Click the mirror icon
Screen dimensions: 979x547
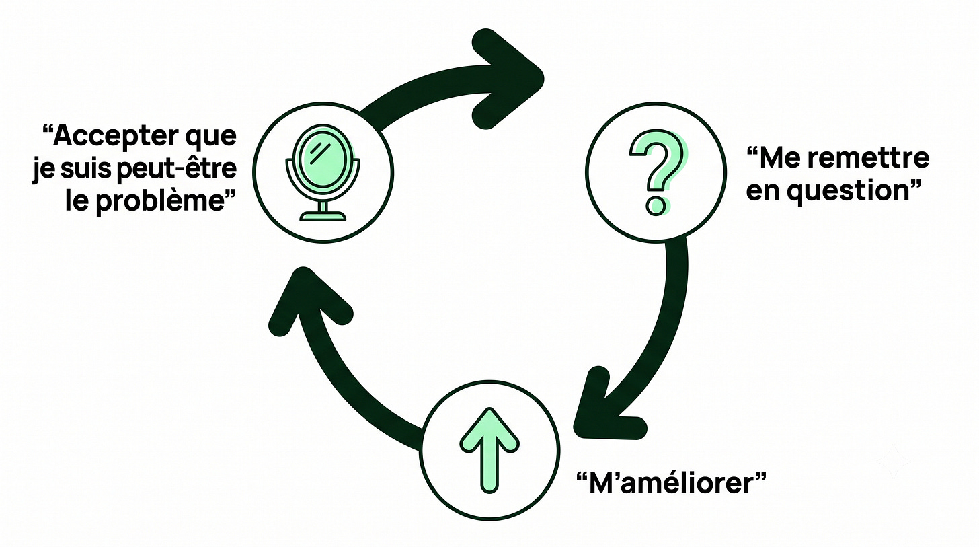pos(323,173)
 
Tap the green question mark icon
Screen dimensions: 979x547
pos(656,174)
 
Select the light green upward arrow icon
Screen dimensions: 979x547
pos(489,450)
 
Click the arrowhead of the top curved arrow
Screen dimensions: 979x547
pos(507,79)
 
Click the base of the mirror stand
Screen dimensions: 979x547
pos(323,215)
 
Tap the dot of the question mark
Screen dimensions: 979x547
pos(655,205)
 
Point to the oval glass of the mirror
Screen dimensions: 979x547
pos(323,160)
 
